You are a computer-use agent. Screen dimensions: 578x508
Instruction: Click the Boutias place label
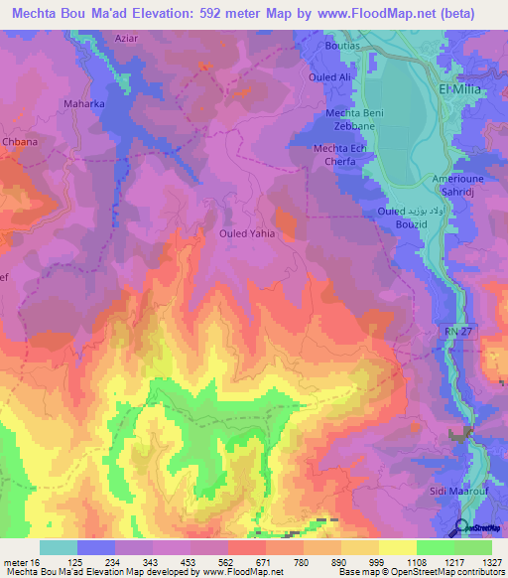[346, 47]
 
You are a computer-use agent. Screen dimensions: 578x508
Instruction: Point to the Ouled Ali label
[331, 76]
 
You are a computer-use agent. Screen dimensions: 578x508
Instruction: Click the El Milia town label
[463, 89]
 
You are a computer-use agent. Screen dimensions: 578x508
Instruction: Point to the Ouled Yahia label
[245, 234]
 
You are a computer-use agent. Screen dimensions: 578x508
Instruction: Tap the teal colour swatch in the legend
[58, 547]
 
